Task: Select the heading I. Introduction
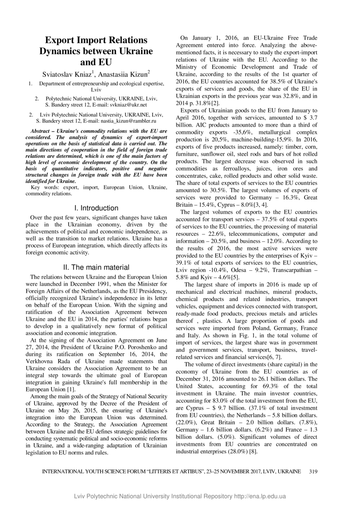click(x=96, y=208)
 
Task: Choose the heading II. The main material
click(x=96, y=267)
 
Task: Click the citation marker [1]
click(x=71, y=389)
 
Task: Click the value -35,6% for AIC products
click(x=238, y=132)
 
